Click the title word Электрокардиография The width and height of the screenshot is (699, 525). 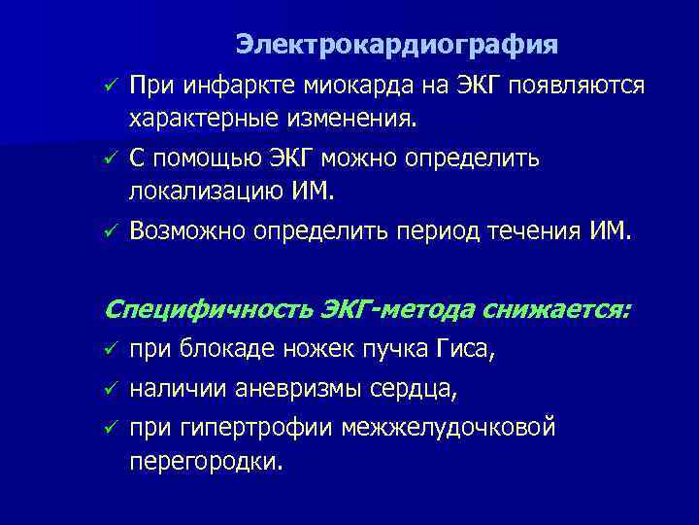pyautogui.click(x=397, y=45)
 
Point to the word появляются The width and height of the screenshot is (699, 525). pyautogui.click(x=582, y=86)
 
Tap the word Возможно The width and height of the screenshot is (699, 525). pyautogui.click(x=186, y=230)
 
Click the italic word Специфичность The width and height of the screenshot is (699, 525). pyautogui.click(x=206, y=310)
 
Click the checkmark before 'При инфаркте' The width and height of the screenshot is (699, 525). pyautogui.click(x=111, y=87)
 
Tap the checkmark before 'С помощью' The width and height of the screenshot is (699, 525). pyautogui.click(x=111, y=158)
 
